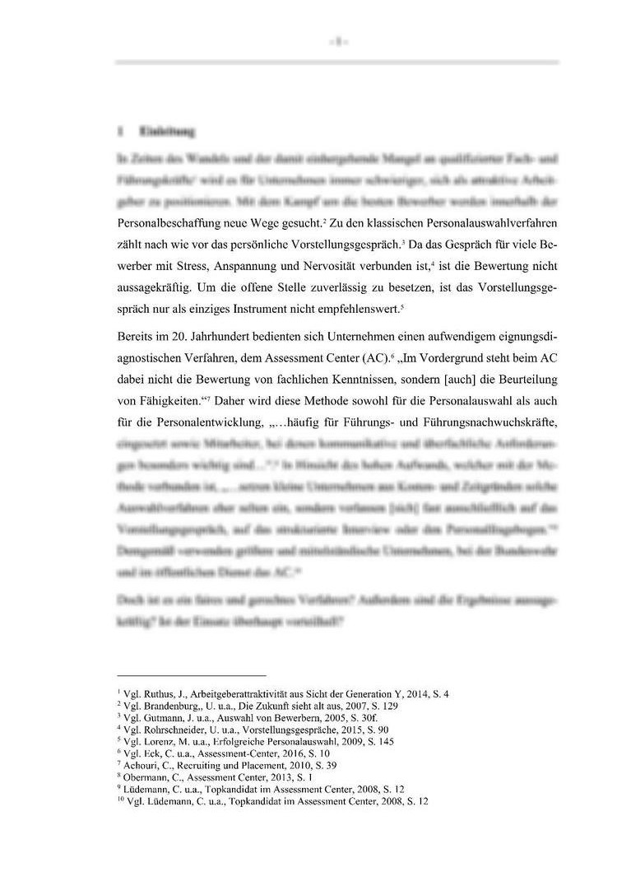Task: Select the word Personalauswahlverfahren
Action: (485, 223)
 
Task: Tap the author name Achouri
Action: (141, 765)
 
